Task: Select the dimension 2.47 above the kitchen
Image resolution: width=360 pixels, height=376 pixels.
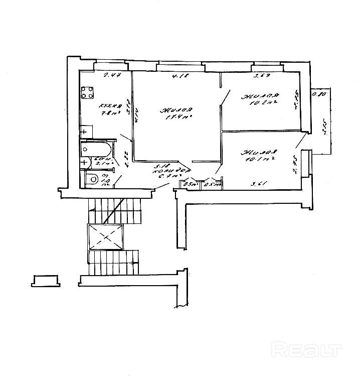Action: click(110, 76)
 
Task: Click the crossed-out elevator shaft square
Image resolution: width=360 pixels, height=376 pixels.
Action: click(105, 236)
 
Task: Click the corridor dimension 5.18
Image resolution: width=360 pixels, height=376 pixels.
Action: click(161, 166)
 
